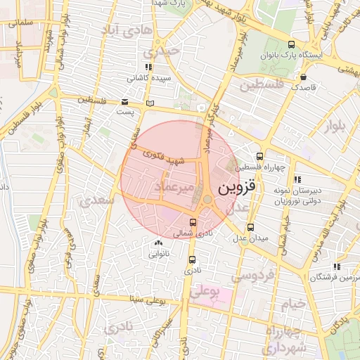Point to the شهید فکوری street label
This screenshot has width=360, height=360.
click(x=163, y=157)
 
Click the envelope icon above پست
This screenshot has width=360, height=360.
click(x=124, y=101)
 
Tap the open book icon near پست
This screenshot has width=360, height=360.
click(x=149, y=104)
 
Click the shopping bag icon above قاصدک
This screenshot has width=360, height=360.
click(x=303, y=77)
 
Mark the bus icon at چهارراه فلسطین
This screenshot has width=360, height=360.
click(x=260, y=156)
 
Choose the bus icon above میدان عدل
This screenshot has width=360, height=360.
click(x=251, y=227)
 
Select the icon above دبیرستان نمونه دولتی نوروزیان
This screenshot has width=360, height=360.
click(x=296, y=179)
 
